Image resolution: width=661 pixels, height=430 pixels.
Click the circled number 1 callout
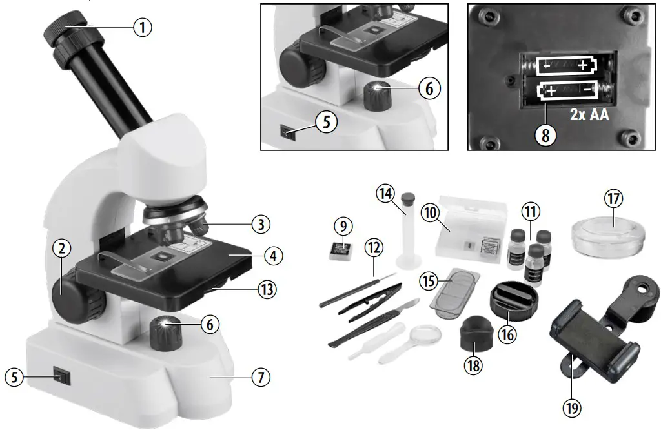pos(143,27)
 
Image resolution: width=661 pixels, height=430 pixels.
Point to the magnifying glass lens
pos(427,335)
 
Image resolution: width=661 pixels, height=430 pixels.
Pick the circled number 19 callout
pos(571,407)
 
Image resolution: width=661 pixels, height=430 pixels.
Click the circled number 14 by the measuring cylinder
pos(387,194)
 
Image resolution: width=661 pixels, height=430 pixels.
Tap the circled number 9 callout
pos(343,226)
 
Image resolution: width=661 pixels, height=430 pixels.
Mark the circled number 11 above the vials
pos(530,212)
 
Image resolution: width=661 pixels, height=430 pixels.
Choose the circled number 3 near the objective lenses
pos(260,225)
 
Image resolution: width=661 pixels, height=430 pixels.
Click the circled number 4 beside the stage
pos(273,256)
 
